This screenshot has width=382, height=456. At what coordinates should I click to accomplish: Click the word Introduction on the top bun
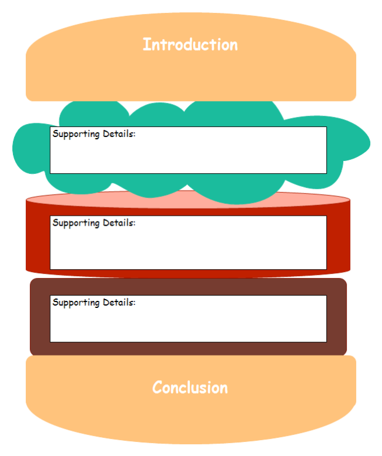pos(190,45)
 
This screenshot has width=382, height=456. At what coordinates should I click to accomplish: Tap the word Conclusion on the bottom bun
pos(190,388)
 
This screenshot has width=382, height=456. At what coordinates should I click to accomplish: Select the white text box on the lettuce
pos(188,154)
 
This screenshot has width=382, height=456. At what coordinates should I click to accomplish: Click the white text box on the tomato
pos(188,247)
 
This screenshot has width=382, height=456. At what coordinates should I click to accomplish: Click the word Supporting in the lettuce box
pos(76,134)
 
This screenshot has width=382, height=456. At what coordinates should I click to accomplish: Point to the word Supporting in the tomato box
pos(76,223)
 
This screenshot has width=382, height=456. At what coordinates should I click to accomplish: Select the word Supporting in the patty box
pos(76,303)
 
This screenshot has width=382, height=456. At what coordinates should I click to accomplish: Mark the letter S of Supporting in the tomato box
pos(55,223)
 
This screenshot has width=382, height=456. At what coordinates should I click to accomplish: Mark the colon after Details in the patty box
pos(134,303)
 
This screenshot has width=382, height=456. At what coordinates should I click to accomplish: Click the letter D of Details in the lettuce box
pos(106,133)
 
